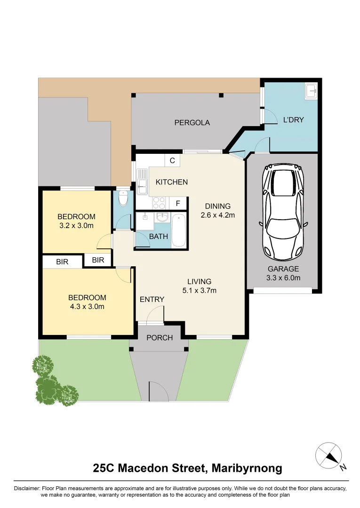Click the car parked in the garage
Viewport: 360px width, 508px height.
point(283,212)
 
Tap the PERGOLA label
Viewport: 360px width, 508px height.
point(192,123)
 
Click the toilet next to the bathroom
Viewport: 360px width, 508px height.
point(123,199)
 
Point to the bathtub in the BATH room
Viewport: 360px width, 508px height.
point(178,230)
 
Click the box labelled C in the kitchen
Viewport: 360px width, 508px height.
point(172,160)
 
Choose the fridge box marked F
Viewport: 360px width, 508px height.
point(178,204)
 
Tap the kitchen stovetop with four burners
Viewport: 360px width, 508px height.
point(159,203)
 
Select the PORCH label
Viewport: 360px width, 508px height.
point(160,338)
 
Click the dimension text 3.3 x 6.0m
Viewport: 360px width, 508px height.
point(284,278)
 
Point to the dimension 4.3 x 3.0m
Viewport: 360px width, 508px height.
point(87,306)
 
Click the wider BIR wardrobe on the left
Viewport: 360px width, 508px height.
point(63,262)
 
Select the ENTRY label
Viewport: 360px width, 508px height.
point(152,299)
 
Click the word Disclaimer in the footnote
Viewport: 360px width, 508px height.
point(28,488)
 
